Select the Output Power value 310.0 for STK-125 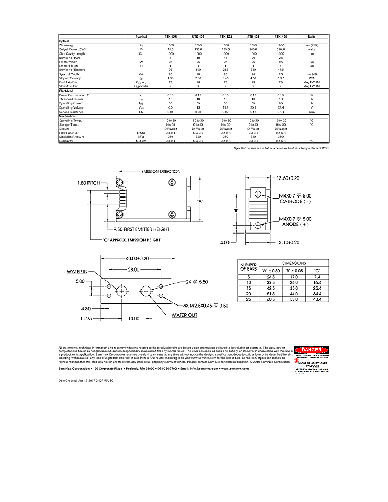point(280,49)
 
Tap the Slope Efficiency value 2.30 point(198,78)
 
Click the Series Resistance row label point(70,111)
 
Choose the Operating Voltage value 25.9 point(253,107)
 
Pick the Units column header point(311,37)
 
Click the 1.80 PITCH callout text point(89,183)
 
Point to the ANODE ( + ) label point(295,225)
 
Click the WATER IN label point(78,271)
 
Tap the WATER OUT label point(184,315)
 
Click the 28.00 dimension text point(134,270)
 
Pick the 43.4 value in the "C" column point(317,299)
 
